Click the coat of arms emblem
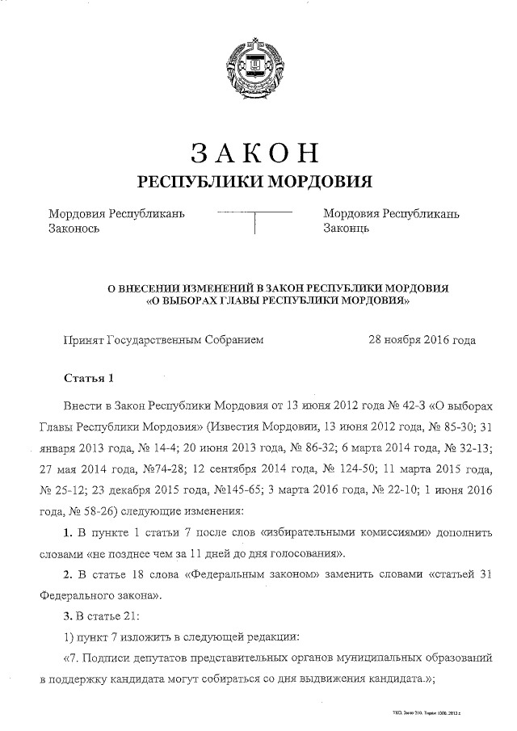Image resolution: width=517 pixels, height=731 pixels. coord(254,61)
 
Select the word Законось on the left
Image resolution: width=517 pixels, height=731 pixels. coord(74,229)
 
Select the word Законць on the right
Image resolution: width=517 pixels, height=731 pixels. coord(347,229)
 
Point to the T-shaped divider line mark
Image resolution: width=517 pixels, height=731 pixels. coord(254,220)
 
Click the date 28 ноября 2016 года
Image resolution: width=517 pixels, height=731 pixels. coord(422,340)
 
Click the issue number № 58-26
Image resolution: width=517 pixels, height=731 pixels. coord(81,511)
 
